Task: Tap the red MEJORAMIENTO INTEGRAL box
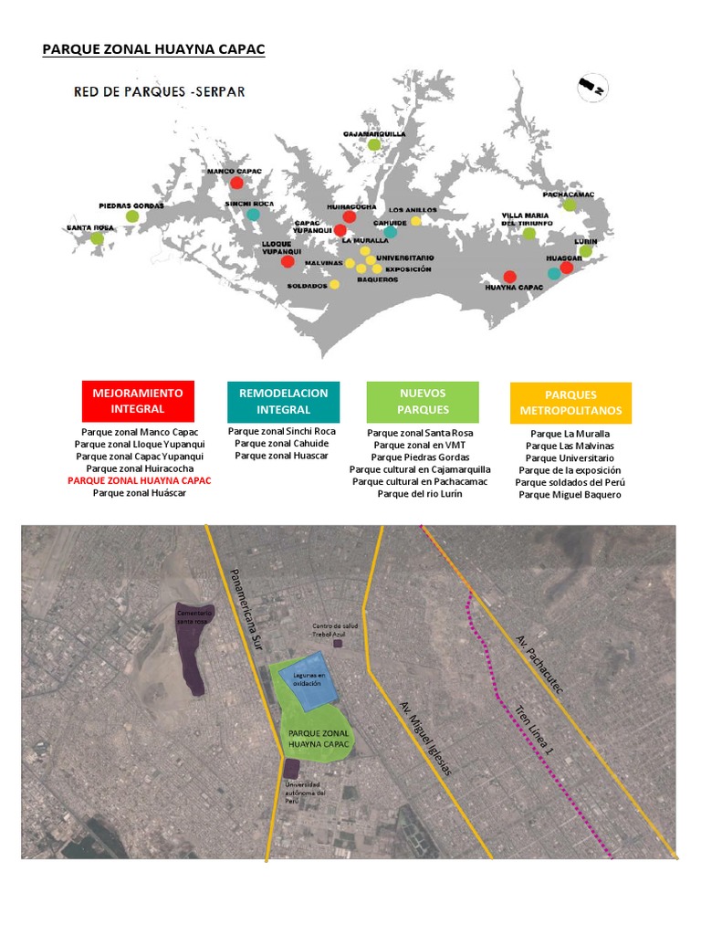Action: click(138, 401)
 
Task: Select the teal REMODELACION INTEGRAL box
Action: click(283, 401)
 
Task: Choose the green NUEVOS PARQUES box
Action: click(423, 401)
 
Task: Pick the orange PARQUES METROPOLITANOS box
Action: click(570, 403)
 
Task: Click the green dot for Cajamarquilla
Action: click(374, 144)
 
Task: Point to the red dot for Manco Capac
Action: click(236, 183)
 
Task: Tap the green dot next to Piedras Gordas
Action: click(132, 216)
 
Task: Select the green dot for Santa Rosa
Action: click(97, 238)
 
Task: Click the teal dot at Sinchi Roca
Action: click(252, 215)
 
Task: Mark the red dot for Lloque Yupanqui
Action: click(288, 262)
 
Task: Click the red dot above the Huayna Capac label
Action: click(509, 277)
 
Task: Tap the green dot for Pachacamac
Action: click(570, 205)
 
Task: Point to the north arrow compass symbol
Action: click(592, 87)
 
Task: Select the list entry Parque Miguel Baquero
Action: click(570, 494)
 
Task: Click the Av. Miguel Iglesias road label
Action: click(426, 738)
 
